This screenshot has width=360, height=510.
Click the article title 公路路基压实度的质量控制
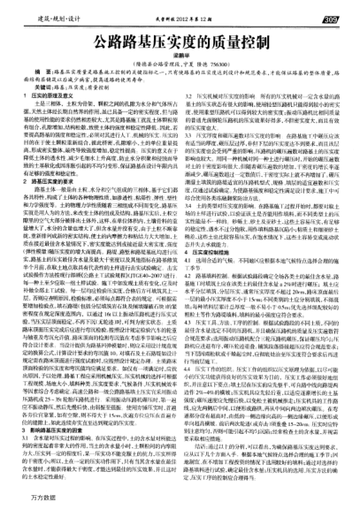click(x=180, y=42)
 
